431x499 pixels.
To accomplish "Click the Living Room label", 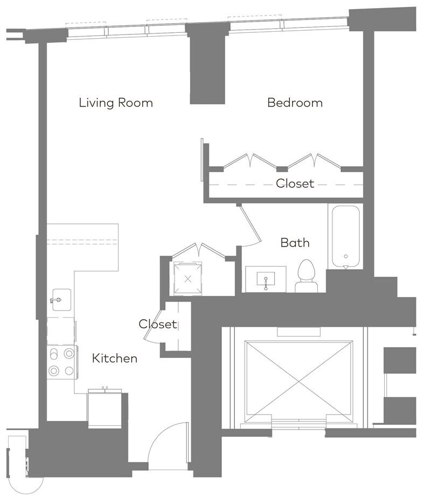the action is click(x=116, y=103).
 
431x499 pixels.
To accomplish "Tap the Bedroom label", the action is click(x=295, y=103).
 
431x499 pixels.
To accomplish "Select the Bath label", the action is click(x=295, y=243).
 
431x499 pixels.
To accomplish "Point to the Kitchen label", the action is click(x=115, y=359).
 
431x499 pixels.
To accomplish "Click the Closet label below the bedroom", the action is click(x=295, y=184).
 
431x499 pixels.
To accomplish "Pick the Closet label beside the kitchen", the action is click(x=158, y=324).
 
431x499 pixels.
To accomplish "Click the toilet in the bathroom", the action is click(x=306, y=276).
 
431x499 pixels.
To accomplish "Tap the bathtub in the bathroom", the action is click(x=346, y=237).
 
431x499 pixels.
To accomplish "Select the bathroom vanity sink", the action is click(x=266, y=279).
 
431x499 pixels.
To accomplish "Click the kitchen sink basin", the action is click(x=62, y=300).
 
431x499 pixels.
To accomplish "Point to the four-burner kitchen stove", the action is click(x=62, y=362).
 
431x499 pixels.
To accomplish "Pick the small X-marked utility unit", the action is click(x=187, y=279).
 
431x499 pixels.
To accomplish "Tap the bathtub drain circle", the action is click(x=346, y=257).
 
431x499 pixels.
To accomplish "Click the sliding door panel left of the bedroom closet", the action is click(x=202, y=160).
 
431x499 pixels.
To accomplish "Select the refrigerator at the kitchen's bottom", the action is click(x=105, y=409).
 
